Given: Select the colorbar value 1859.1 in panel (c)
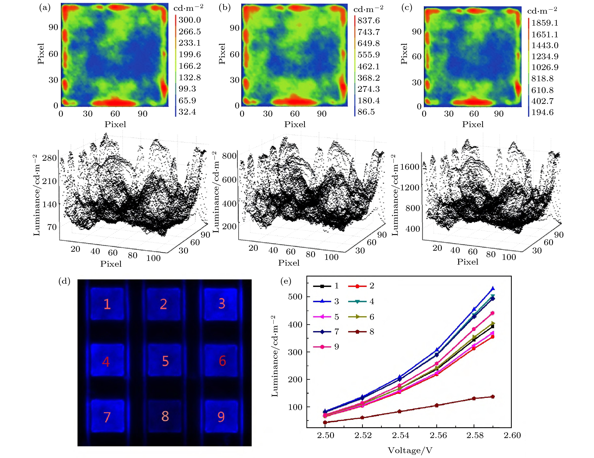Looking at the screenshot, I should click(545, 23).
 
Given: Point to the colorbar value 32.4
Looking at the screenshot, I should click(187, 112).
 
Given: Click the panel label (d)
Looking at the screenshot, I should click(64, 281).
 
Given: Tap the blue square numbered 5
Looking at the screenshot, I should click(164, 361).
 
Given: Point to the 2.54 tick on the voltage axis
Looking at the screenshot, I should click(400, 435).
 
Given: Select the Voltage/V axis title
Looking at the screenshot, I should click(410, 450).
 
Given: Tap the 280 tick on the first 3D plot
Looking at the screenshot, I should click(49, 158).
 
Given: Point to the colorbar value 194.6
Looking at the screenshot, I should click(542, 112).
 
